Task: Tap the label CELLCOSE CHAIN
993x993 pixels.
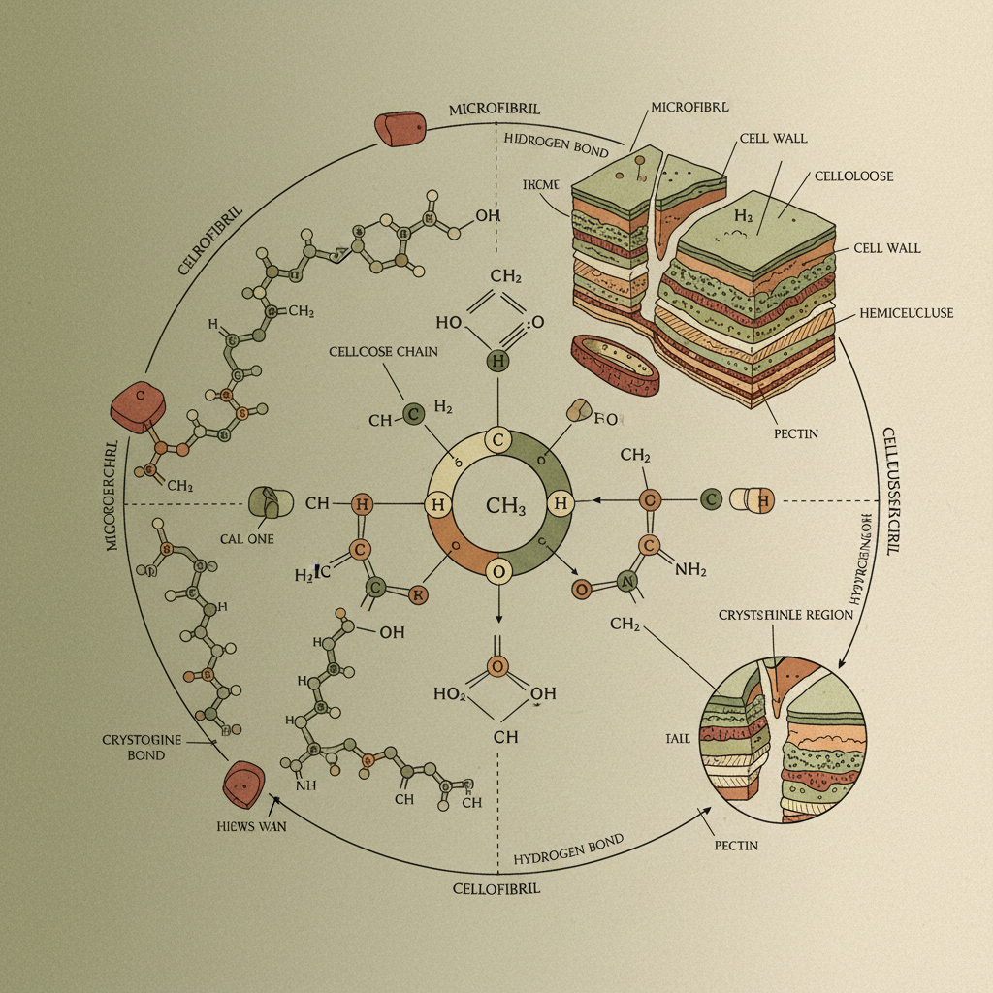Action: [374, 351]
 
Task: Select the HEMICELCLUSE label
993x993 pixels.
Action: [907, 313]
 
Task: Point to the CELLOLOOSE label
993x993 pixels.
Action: [853, 176]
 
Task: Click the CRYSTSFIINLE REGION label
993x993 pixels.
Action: [785, 615]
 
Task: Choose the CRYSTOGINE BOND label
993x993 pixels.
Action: [142, 747]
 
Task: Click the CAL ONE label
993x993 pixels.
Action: [246, 538]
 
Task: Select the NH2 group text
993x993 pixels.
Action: [689, 570]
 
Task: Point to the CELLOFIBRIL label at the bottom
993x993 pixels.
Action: [496, 888]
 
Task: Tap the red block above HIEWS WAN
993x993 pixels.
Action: [243, 784]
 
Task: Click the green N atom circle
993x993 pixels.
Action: [626, 582]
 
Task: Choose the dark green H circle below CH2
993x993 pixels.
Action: [496, 362]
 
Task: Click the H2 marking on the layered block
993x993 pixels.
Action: [744, 216]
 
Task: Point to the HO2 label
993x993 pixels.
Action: [451, 693]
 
